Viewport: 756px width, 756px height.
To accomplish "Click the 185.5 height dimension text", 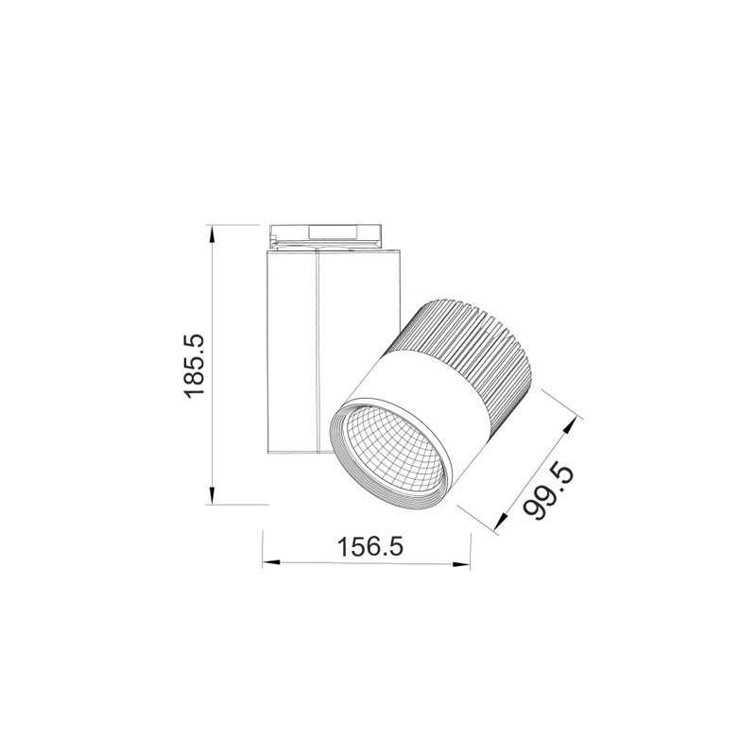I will coord(194,364).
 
